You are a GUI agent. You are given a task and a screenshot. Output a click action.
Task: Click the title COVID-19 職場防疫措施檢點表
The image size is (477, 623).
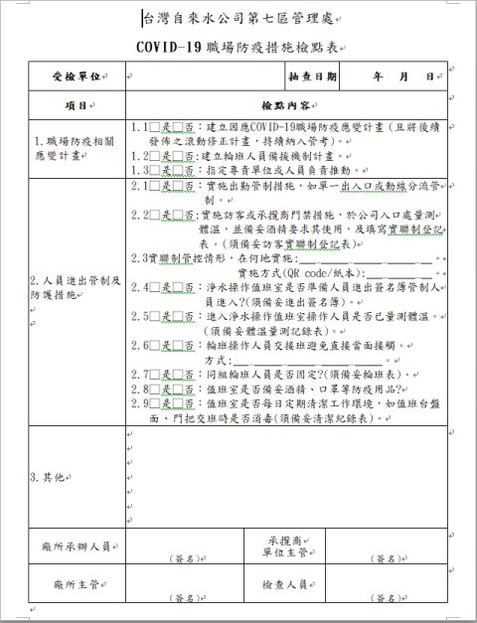pyautogui.click(x=238, y=47)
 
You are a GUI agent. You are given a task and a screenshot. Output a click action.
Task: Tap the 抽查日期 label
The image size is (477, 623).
pyautogui.click(x=312, y=77)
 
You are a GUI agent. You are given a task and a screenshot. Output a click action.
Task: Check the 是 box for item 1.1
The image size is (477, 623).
pyautogui.click(x=154, y=128)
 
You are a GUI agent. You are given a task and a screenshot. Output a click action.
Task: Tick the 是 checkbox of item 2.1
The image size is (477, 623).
pyautogui.click(x=154, y=186)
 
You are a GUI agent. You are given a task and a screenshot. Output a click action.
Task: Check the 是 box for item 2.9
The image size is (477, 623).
pyautogui.click(x=154, y=404)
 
